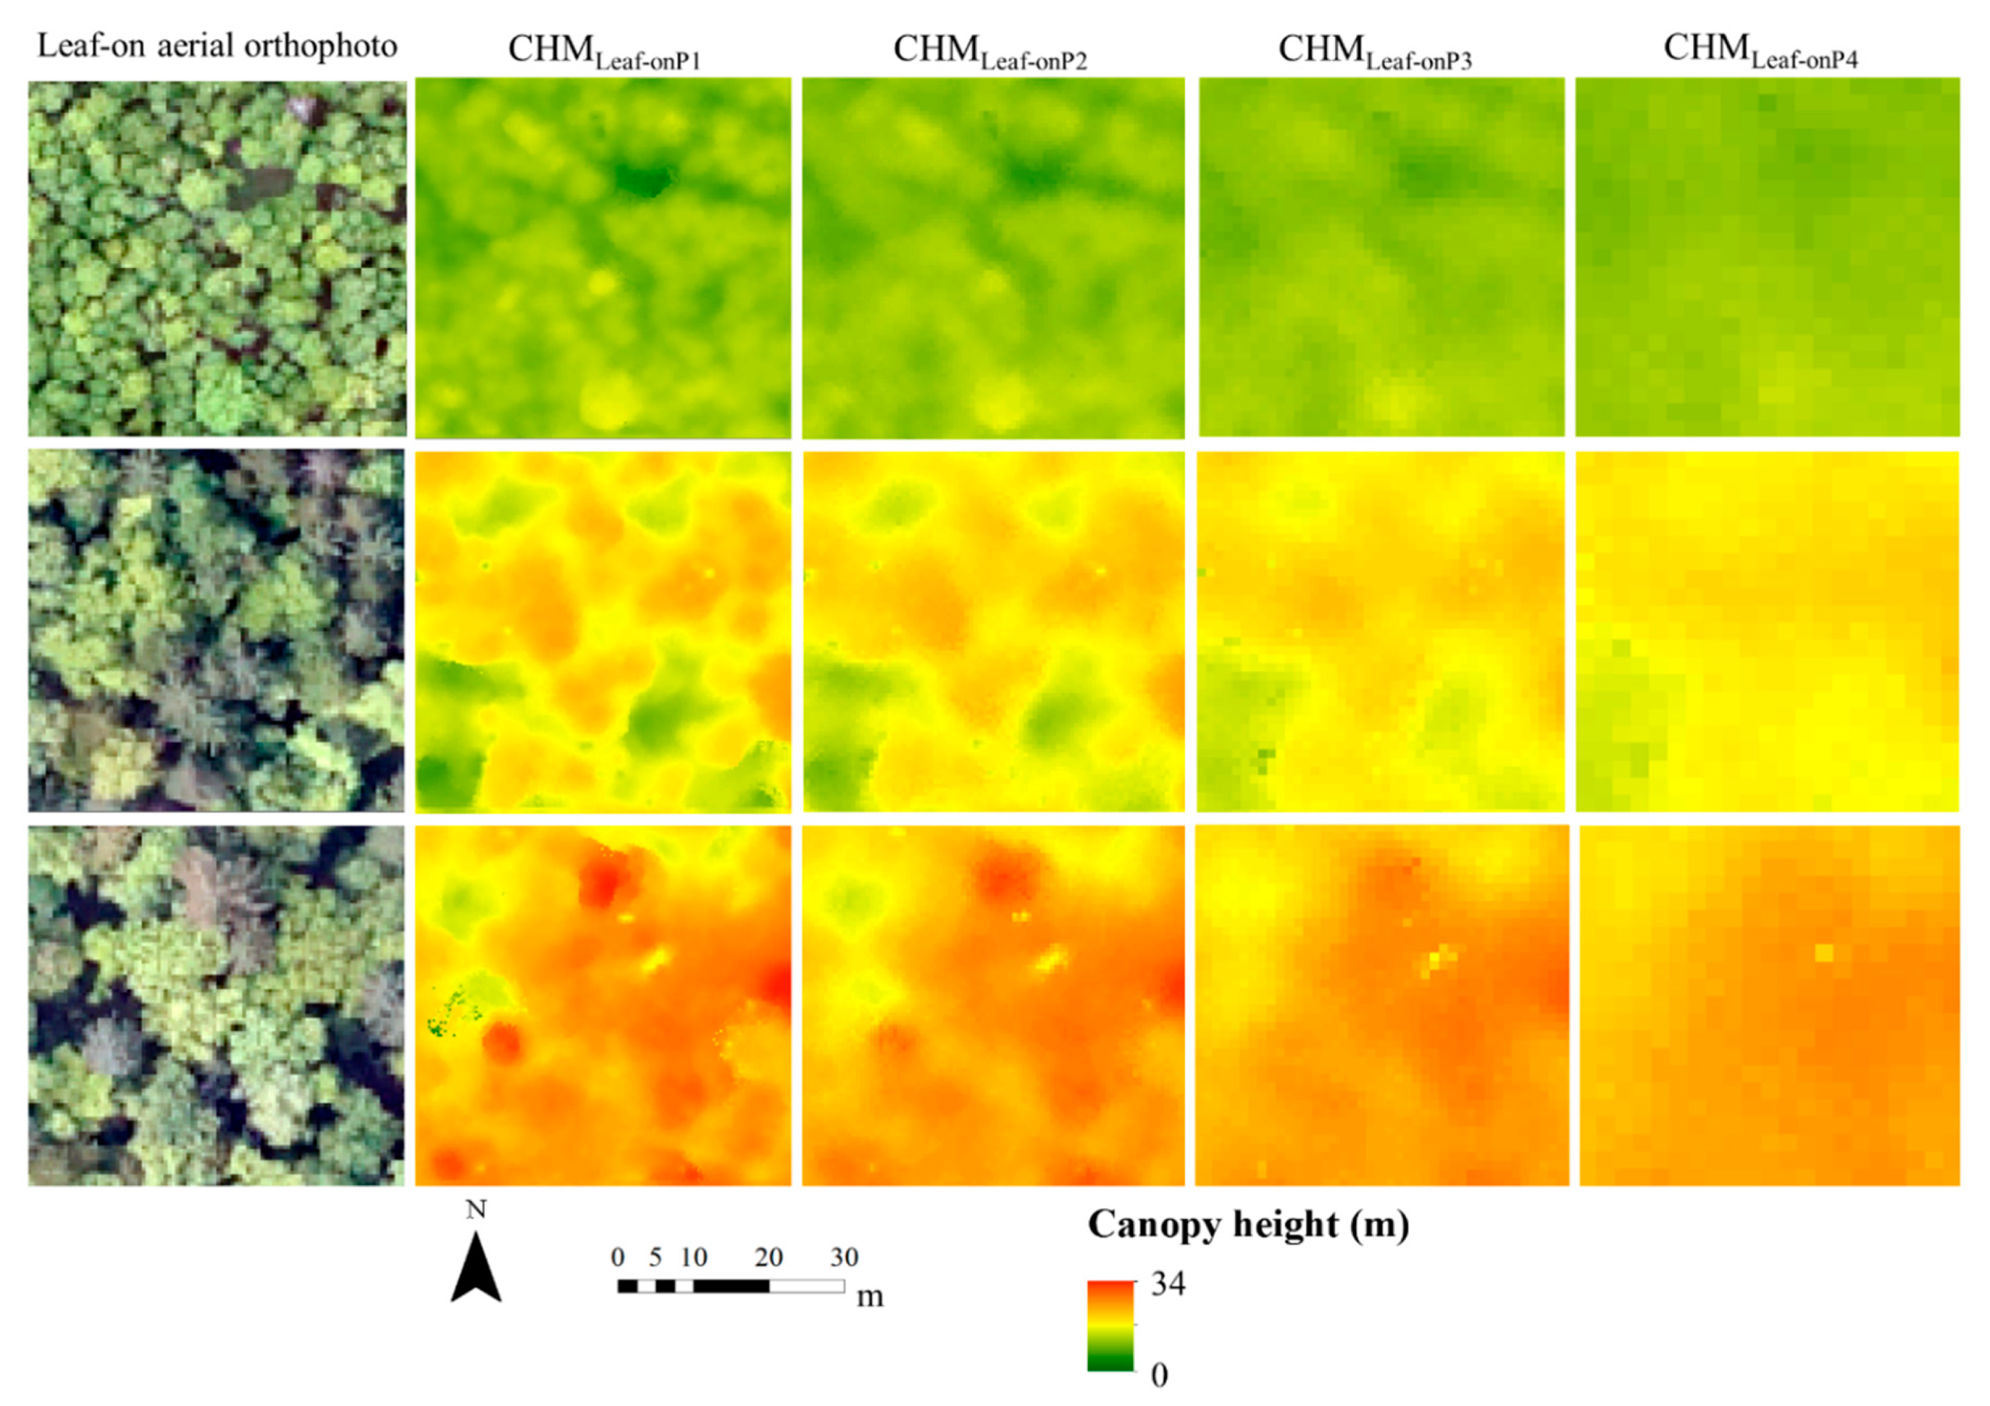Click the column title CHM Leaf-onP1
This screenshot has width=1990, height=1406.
(604, 52)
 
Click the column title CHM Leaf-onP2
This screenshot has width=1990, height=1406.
(990, 52)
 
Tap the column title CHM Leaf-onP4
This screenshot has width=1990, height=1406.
(1760, 51)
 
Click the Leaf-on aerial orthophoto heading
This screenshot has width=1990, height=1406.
(217, 45)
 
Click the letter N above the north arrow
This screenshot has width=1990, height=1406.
(476, 1209)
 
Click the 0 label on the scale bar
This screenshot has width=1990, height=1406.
(618, 1257)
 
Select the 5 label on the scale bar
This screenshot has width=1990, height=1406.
(656, 1257)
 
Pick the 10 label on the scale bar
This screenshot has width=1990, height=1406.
(693, 1257)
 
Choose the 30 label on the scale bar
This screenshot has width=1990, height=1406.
(844, 1257)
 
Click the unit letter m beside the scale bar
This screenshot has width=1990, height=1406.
(870, 1297)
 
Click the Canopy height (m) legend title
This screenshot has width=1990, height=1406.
(1248, 1225)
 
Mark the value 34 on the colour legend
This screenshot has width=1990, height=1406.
(1168, 1284)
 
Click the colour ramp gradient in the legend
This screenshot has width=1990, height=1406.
(1110, 1326)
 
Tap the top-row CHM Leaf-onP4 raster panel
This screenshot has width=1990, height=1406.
(1767, 257)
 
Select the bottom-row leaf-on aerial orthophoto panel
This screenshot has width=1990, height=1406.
(217, 1005)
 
